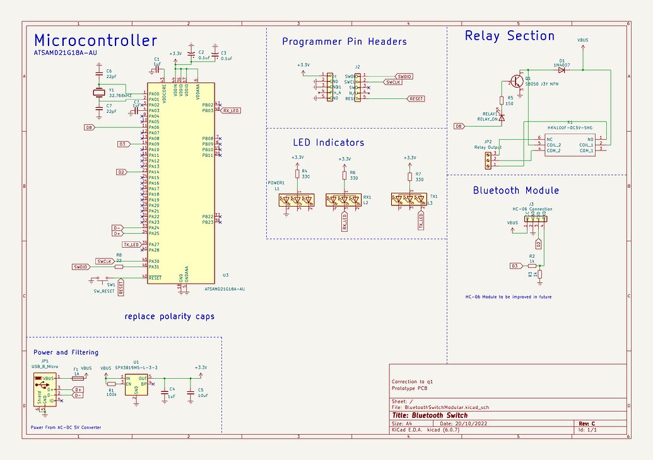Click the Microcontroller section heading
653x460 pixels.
(95, 41)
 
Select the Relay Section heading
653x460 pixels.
(509, 36)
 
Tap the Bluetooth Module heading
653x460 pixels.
(515, 190)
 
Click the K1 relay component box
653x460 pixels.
(570, 144)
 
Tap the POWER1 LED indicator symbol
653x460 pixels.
(297, 200)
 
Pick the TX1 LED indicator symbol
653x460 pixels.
(408, 200)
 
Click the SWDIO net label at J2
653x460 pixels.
(404, 76)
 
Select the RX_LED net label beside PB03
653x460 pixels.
(231, 110)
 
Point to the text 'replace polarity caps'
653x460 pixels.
(169, 316)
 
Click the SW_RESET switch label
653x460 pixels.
(104, 291)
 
